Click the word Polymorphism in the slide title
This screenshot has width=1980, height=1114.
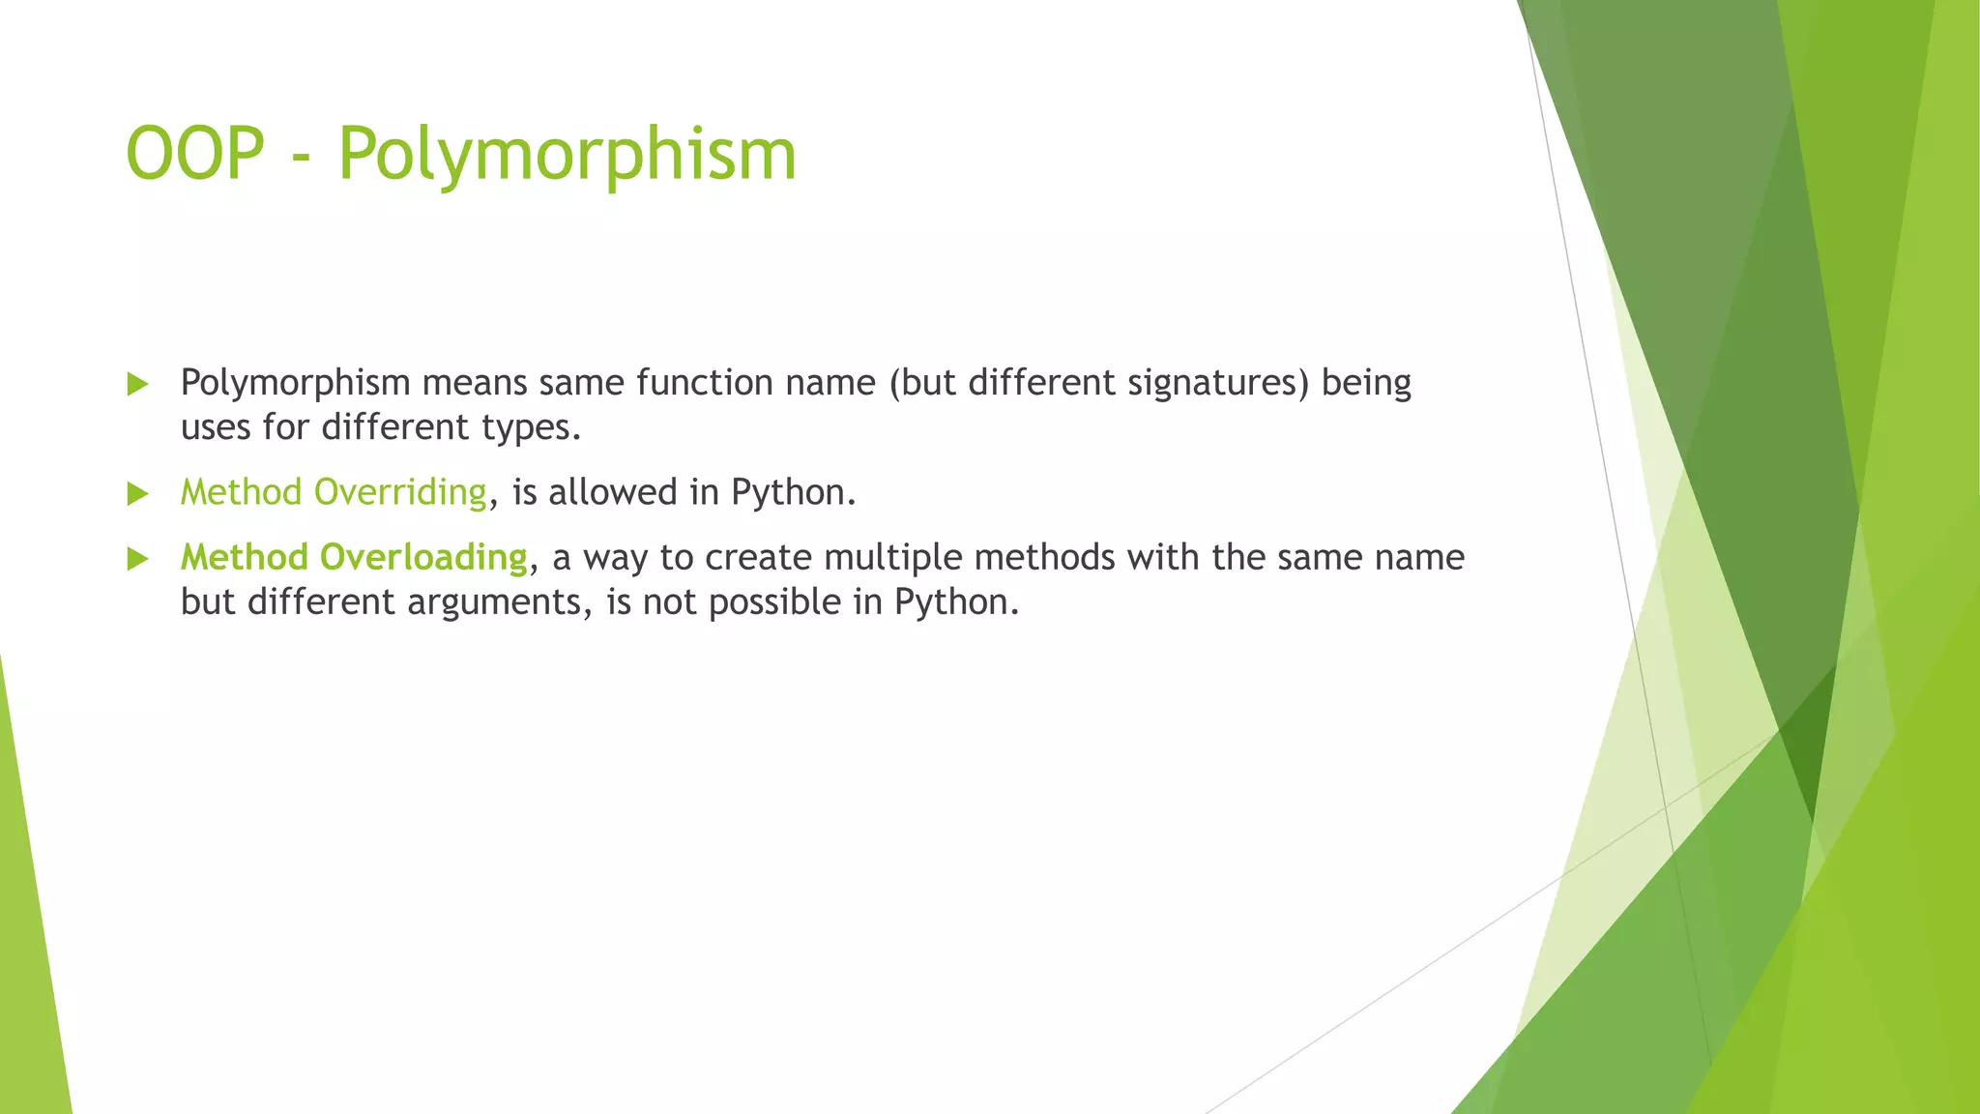(x=567, y=155)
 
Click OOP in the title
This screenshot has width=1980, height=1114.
(x=195, y=155)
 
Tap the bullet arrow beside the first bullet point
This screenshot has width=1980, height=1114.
(x=137, y=385)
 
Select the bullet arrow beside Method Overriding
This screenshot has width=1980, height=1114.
(x=137, y=494)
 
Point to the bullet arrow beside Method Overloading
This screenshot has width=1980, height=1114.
(x=137, y=559)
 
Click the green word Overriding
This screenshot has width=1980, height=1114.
(x=400, y=492)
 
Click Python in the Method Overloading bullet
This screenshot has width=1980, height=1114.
(x=955, y=602)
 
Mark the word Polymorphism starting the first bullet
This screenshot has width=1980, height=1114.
(x=296, y=384)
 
